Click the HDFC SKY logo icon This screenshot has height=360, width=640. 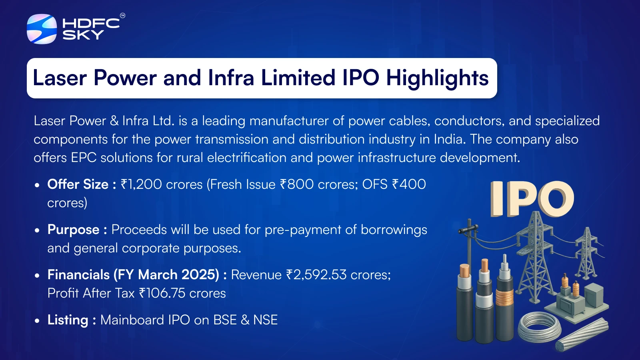coord(42,29)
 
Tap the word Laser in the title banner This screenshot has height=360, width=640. coord(60,78)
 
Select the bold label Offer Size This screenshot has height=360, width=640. coord(78,184)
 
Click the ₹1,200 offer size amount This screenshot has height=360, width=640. coord(142,184)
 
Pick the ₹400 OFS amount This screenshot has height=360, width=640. coord(409,184)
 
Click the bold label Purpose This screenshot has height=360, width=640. coord(74,230)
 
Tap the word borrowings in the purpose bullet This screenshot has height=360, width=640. coord(394,230)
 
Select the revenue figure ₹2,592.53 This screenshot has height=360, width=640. coord(316,275)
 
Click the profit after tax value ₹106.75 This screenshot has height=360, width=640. coord(162,293)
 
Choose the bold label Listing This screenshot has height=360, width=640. coord(68,320)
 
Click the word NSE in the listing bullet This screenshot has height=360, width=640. coord(266,320)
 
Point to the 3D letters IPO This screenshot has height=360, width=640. coord(532,199)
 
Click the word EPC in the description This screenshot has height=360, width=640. coord(84,158)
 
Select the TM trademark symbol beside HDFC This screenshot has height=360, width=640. coord(122,16)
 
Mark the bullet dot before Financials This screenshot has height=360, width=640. coord(37,276)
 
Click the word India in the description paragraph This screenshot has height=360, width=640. coord(450,140)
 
